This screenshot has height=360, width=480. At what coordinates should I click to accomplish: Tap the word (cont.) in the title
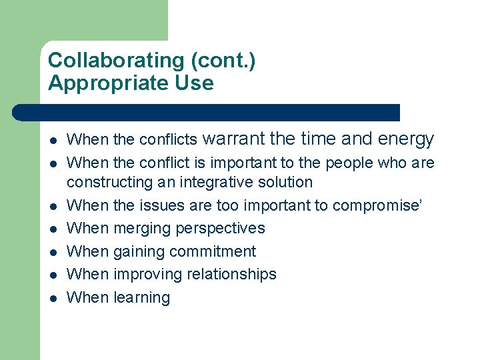pyautogui.click(x=223, y=61)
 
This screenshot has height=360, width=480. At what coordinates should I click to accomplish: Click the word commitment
pyautogui.click(x=213, y=251)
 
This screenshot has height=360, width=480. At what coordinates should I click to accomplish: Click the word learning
pyautogui.click(x=142, y=297)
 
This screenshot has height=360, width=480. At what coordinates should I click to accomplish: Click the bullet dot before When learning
pyautogui.click(x=53, y=298)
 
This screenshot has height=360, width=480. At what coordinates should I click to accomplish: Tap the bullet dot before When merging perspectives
pyautogui.click(x=53, y=229)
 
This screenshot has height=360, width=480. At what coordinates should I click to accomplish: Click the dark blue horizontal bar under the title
pyautogui.click(x=207, y=112)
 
